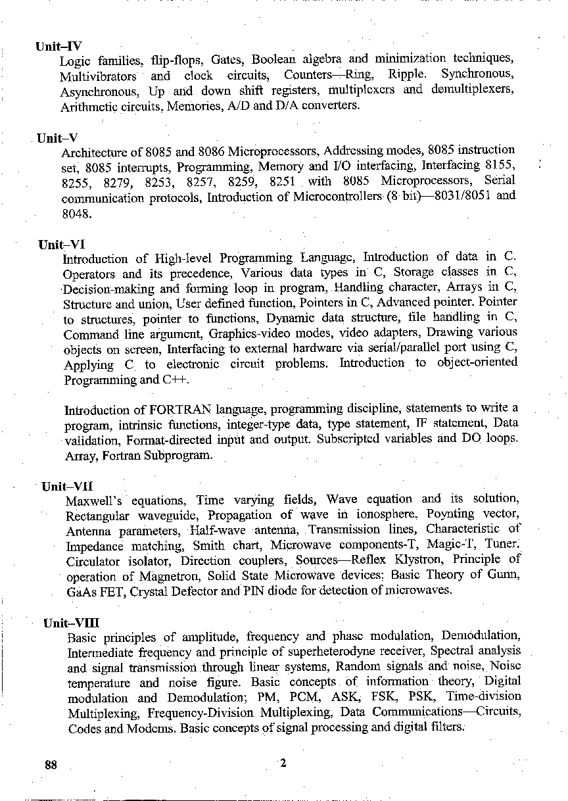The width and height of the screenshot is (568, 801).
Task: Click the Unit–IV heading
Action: point(59,47)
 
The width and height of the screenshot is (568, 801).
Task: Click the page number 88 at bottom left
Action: point(51,765)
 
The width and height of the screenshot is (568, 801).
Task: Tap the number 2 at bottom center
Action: point(283,764)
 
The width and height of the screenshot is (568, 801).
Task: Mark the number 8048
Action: point(76,213)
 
